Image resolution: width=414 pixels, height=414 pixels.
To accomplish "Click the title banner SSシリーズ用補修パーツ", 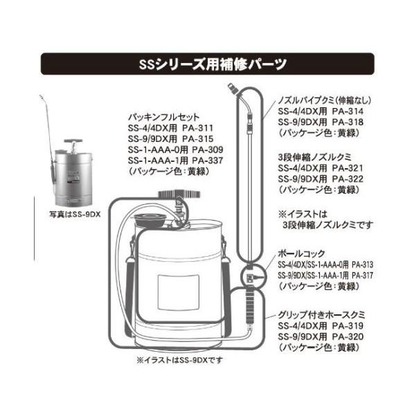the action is pos(207,64).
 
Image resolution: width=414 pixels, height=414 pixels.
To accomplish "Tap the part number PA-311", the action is pos(197,128).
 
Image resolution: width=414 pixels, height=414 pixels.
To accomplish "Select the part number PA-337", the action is pos(208,161).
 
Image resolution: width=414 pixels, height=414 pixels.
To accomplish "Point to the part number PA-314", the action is pos(348,111).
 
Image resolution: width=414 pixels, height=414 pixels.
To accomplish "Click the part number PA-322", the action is pos(348,179).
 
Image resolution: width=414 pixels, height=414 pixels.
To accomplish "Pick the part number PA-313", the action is pos(363,264).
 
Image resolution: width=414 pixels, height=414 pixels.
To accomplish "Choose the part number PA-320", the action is pos(348,336).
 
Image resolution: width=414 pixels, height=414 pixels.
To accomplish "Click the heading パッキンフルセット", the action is pos(163,117).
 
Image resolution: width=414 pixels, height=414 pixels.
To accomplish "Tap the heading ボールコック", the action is pos(301,254).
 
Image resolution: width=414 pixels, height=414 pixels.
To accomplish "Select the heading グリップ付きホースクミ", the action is pos(321,315).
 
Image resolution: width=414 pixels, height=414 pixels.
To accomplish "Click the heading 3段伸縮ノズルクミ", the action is pos(315,157).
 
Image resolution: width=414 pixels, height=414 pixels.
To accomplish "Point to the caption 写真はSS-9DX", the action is pos(75,214).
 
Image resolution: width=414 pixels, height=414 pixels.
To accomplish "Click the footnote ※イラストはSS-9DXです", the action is pos(180,360).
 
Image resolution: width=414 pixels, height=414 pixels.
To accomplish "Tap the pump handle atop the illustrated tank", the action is pos(179,195).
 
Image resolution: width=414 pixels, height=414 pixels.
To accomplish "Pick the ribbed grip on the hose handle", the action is pos(249,307).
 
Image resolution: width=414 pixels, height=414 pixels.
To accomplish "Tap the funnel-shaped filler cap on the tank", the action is pos(150,219).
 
